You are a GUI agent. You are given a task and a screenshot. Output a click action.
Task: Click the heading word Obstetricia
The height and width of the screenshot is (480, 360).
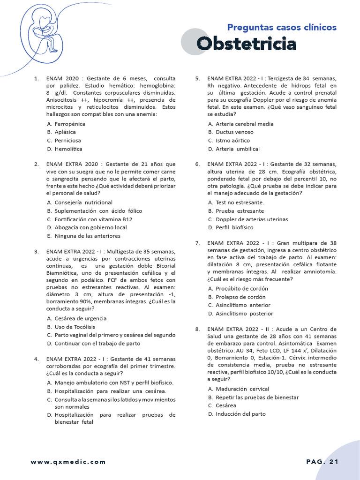click(x=247, y=44)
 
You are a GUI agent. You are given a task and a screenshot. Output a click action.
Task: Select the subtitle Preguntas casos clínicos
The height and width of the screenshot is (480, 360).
click(x=282, y=27)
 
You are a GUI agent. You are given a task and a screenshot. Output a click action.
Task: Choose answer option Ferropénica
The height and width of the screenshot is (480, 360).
click(x=70, y=124)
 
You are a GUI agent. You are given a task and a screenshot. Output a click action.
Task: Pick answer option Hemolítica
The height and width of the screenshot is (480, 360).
click(x=68, y=149)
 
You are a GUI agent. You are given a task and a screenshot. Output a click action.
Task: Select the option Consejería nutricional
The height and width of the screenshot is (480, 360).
click(x=83, y=202)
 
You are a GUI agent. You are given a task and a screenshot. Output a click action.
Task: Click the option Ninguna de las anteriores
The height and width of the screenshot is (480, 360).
click(x=87, y=236)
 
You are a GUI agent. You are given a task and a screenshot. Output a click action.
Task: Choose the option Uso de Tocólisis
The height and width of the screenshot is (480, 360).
click(x=75, y=327)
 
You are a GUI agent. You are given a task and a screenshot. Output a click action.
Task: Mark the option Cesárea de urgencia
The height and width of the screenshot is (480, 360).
click(x=80, y=318)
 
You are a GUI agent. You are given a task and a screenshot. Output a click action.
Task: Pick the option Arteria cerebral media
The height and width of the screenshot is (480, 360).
click(x=244, y=124)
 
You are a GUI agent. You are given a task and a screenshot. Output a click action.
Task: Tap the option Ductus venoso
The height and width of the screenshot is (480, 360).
click(x=234, y=132)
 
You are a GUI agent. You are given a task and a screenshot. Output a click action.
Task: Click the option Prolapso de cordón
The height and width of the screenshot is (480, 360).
click(x=240, y=297)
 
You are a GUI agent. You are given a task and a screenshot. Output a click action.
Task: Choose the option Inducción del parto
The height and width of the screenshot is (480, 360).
click(x=240, y=414)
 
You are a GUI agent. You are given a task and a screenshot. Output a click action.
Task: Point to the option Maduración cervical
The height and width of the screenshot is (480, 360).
click(x=242, y=389)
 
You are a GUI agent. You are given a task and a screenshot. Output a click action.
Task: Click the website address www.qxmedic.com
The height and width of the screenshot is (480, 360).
click(x=68, y=462)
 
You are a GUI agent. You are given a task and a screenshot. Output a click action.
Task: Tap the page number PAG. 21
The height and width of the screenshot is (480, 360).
click(x=322, y=462)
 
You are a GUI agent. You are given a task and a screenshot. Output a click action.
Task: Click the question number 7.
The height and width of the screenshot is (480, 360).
click(x=197, y=243)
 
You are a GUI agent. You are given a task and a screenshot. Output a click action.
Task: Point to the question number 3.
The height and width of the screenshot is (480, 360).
click(x=36, y=252)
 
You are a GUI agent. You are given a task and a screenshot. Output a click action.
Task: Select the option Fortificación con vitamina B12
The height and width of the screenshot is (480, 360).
click(x=93, y=219)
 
